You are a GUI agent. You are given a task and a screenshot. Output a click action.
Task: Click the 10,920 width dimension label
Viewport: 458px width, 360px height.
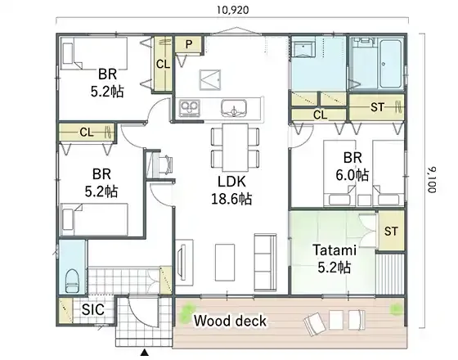233,10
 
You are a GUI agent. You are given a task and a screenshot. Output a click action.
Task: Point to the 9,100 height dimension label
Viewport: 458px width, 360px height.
433,180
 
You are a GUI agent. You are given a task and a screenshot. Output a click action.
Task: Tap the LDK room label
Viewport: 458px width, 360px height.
232,182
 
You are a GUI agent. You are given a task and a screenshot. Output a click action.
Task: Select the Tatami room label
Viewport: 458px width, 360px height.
335,250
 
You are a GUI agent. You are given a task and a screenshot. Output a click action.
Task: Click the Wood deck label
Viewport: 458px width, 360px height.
230,321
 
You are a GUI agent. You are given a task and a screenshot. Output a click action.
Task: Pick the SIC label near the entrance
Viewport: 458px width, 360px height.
93,309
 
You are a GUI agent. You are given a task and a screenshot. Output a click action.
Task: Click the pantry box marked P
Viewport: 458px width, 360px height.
188,44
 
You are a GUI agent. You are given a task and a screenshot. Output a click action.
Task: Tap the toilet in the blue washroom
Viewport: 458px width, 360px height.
73,281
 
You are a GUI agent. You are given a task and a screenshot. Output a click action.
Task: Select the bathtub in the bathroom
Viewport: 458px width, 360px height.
390,65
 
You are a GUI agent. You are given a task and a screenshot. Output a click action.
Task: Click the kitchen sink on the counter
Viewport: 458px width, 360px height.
234,108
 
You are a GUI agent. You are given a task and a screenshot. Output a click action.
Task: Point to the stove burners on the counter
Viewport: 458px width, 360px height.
190,108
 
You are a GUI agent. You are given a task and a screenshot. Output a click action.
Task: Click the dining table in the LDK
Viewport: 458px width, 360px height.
236,147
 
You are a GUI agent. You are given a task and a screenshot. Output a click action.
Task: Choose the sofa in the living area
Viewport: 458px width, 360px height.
265,262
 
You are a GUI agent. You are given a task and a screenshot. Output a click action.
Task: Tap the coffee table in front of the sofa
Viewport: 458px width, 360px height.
225,262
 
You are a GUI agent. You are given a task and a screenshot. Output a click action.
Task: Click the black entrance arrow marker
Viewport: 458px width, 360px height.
145,353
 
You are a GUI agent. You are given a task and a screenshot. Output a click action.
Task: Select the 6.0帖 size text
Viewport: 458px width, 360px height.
352,175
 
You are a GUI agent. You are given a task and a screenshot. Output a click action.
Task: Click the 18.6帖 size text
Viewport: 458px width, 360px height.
231,200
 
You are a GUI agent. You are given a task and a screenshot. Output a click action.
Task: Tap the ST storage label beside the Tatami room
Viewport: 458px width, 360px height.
391,232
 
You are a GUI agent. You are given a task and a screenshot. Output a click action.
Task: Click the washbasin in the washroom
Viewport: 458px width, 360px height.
303,47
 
